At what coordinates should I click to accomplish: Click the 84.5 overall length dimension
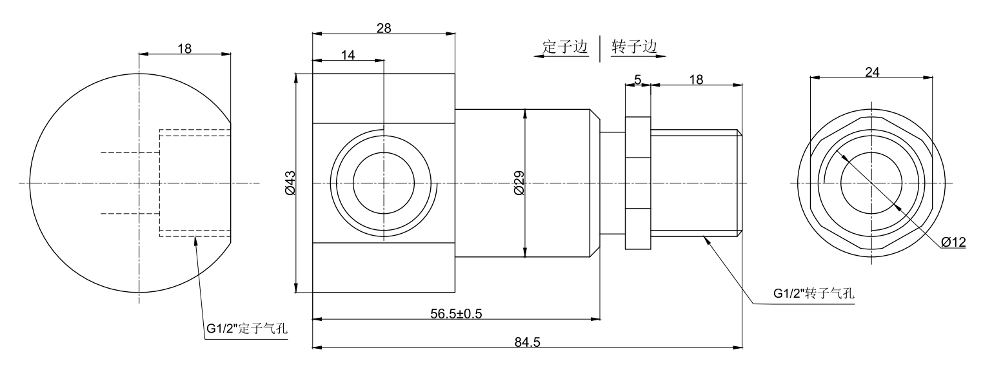(528, 342)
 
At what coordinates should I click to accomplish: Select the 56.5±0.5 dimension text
(456, 313)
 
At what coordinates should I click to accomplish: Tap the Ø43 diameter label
(289, 183)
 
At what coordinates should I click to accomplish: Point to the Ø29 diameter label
(519, 183)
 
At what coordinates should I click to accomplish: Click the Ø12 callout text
(953, 242)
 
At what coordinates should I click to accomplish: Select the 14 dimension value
(348, 56)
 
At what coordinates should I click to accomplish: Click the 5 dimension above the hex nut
(638, 79)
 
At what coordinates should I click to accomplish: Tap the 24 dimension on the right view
(872, 72)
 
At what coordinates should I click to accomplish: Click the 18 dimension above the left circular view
(184, 49)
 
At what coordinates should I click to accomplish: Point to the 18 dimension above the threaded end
(697, 79)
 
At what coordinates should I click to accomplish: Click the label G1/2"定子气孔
(247, 329)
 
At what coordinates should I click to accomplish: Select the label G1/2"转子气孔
(814, 293)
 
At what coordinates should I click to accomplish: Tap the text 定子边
(566, 47)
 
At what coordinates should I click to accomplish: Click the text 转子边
(635, 47)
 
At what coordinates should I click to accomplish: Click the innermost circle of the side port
(383, 183)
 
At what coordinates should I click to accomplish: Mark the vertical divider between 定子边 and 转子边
(600, 48)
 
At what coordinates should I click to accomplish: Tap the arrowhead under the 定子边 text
(538, 57)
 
